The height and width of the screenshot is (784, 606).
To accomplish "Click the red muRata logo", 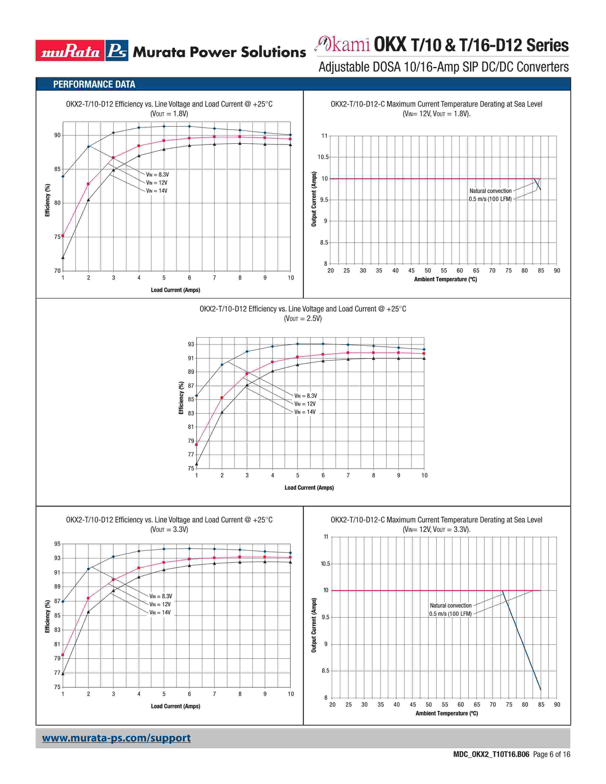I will tap(70, 51).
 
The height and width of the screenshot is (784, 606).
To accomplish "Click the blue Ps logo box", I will tap(117, 51).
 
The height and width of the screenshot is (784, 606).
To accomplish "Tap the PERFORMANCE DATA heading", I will tap(94, 84).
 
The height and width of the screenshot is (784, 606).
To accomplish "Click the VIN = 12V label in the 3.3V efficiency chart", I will tap(160, 604).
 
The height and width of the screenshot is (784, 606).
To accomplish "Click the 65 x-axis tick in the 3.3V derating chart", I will tap(477, 705).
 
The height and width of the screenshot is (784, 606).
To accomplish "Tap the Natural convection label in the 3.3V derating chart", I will tap(451, 606).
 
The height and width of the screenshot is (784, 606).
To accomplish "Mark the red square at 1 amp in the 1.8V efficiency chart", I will tap(63, 236).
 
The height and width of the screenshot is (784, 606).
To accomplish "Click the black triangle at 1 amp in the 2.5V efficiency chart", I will tap(196, 464).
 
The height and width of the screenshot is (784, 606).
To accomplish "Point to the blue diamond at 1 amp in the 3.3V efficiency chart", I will tap(63, 601).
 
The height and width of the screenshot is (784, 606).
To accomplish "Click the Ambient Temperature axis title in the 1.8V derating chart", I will tap(446, 279).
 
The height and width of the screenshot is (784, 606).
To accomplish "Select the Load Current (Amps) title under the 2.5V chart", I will tap(309, 488).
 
